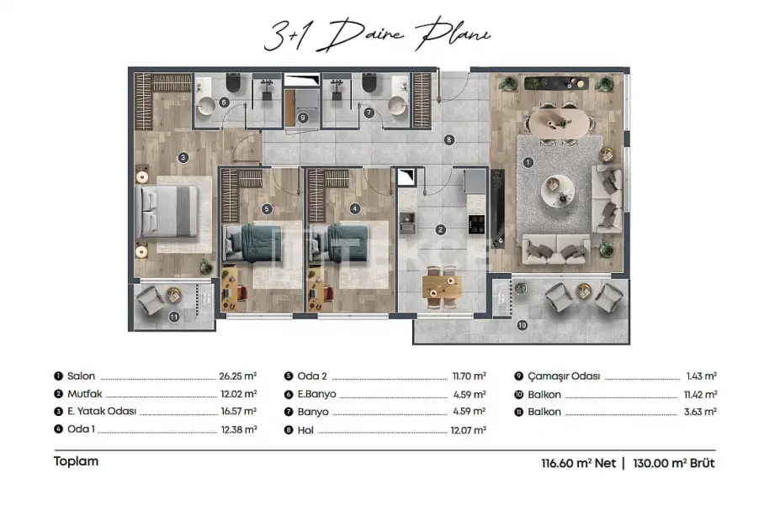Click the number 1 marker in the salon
tap(528, 162)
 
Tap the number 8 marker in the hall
tap(448, 140)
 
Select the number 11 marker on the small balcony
tap(174, 317)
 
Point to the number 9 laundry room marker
tap(303, 118)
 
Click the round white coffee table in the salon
tap(557, 191)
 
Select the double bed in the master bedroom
tap(169, 212)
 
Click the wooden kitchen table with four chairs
tap(442, 287)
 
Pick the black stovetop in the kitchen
tap(476, 224)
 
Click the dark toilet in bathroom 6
tap(233, 82)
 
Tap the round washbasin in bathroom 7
tap(398, 106)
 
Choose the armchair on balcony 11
tap(150, 300)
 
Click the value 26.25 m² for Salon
tap(238, 376)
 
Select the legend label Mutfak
tap(85, 394)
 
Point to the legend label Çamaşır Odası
tap(564, 376)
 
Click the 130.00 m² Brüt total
tap(674, 463)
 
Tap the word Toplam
tap(76, 461)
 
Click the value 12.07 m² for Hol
tap(468, 430)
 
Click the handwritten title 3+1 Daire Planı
tap(377, 34)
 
